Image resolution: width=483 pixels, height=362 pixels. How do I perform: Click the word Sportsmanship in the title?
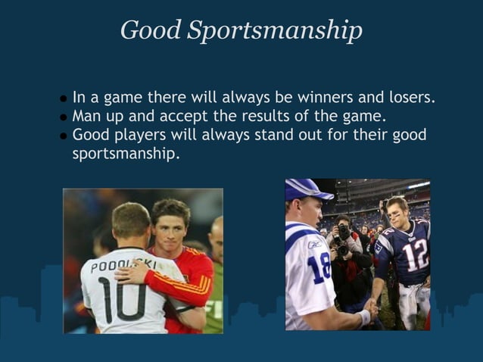tap(275, 30)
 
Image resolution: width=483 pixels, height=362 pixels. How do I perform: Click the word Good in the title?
tap(151, 30)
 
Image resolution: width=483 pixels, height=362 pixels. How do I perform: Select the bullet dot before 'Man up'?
tap(64, 118)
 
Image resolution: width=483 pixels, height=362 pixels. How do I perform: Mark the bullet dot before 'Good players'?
tap(64, 137)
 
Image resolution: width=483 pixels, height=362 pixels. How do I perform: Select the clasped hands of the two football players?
tap(369, 308)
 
